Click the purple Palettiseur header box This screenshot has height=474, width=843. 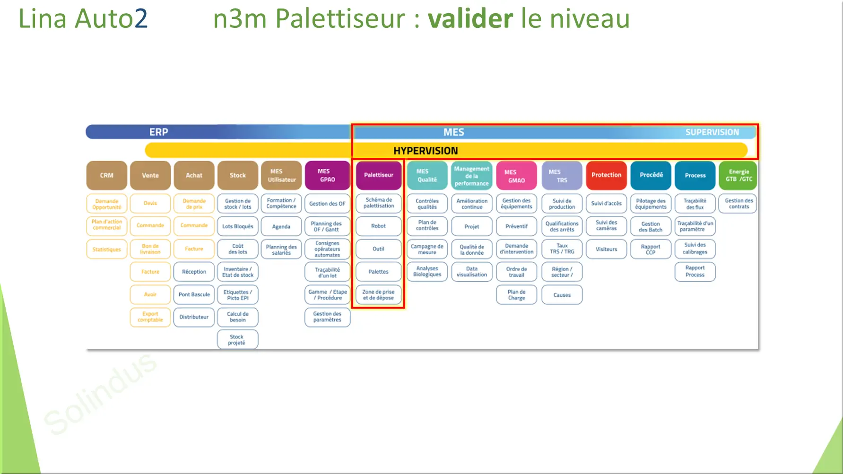point(378,175)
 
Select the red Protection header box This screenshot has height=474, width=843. point(606,175)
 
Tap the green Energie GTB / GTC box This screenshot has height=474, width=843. point(739,175)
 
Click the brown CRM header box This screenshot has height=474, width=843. point(106,175)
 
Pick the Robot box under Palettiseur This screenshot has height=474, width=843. point(378,226)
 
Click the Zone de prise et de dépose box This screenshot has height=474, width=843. point(378,295)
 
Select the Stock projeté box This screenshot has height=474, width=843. point(237,340)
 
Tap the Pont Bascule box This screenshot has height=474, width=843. point(194,294)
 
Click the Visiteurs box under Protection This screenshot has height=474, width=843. point(606,249)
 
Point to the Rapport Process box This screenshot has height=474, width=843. point(695,271)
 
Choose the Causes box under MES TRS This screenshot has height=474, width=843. point(562,295)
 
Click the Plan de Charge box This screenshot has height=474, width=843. point(516,295)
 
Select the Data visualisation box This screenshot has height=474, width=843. point(471,272)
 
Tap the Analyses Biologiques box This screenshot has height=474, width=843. point(427,272)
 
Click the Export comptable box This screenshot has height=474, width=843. point(150,317)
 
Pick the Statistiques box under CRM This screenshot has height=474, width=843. point(106,250)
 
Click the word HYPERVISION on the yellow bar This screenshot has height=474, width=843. point(426,151)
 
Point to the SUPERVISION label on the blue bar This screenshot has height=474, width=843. point(712,132)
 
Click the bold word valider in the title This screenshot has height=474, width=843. point(470,19)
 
